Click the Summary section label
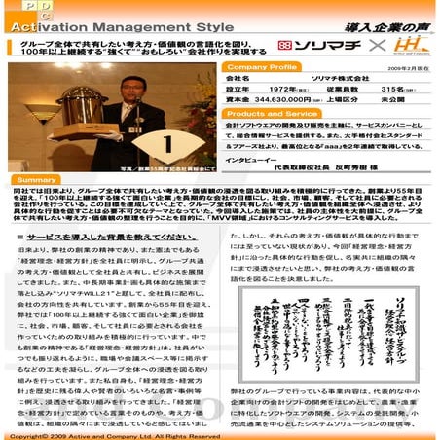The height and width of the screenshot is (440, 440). [37, 180]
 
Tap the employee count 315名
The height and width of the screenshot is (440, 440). [394, 88]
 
